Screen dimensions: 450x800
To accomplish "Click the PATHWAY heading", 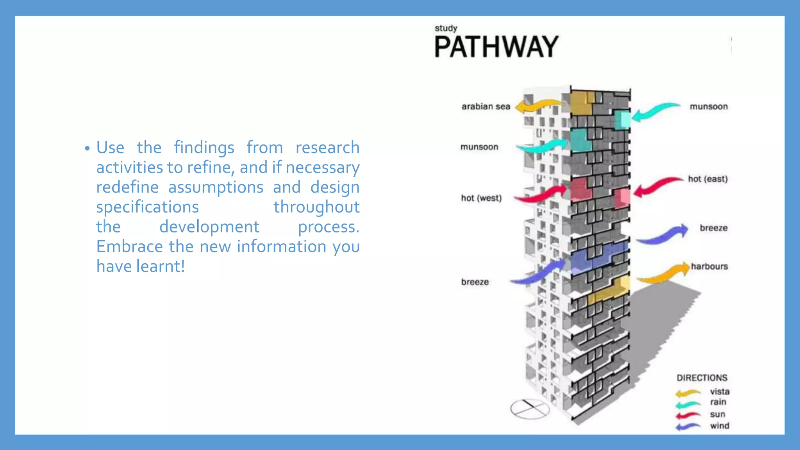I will pyautogui.click(x=496, y=47).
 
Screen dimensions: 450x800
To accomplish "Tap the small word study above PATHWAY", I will pyautogui.click(x=446, y=28).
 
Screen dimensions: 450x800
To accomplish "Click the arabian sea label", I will pyautogui.click(x=486, y=107).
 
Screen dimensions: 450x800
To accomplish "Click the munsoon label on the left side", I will pyautogui.click(x=479, y=147).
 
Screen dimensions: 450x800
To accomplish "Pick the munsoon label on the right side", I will pyautogui.click(x=709, y=107).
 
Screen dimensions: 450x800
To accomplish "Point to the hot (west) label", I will pyautogui.click(x=481, y=198).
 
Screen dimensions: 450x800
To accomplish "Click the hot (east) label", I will pyautogui.click(x=708, y=179).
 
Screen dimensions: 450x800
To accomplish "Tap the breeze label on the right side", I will pyautogui.click(x=713, y=228).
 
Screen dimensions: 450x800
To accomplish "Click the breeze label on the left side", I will pyautogui.click(x=475, y=282).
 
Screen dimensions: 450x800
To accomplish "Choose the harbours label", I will pyautogui.click(x=709, y=266).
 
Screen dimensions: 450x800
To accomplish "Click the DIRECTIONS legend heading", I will pyautogui.click(x=702, y=378).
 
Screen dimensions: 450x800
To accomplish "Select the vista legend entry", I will pyautogui.click(x=720, y=391).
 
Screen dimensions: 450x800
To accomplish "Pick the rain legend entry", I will pyautogui.click(x=718, y=402).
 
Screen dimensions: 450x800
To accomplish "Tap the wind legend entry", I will pyautogui.click(x=720, y=426).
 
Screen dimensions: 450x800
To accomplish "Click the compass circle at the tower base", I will pyautogui.click(x=530, y=409).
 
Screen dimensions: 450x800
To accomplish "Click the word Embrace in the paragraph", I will pyautogui.click(x=129, y=246).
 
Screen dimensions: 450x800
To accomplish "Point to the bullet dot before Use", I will pyautogui.click(x=87, y=149).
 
